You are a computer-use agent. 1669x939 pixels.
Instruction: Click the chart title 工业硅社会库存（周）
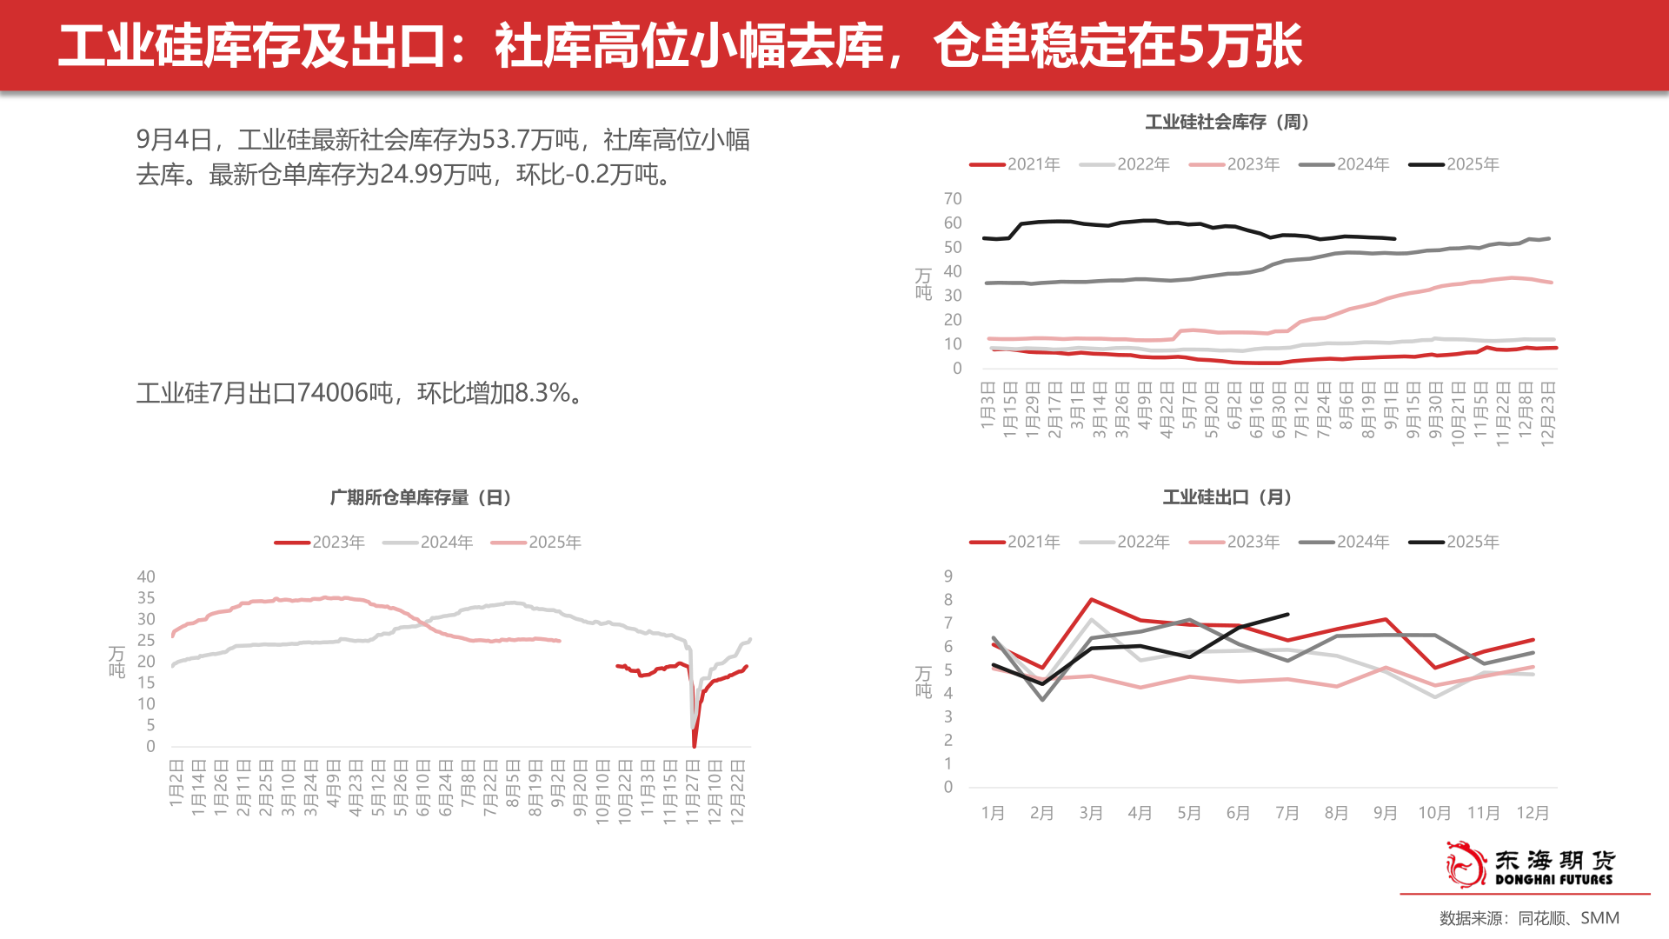pos(1227,122)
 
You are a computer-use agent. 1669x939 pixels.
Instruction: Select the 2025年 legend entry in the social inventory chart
pos(1454,164)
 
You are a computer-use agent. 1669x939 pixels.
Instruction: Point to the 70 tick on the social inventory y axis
pos(953,199)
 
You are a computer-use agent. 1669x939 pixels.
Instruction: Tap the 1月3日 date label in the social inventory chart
pos(987,403)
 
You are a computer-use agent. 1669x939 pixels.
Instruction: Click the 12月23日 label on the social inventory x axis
pos(1547,414)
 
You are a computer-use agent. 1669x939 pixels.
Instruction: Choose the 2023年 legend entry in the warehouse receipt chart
pos(320,543)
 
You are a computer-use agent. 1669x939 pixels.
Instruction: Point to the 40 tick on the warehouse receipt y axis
pos(146,576)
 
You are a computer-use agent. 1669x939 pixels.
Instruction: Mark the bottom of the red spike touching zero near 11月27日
pos(694,745)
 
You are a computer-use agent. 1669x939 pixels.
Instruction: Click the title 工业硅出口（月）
pos(1227,497)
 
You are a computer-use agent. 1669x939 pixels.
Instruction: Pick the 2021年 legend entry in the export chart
pos(1015,542)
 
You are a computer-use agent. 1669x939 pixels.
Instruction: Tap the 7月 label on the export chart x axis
pos(1287,813)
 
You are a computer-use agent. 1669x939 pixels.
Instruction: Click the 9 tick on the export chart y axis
pos(948,576)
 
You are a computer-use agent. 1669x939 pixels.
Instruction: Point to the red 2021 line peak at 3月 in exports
pos(1091,600)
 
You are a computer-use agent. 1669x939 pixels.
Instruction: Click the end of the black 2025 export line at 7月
pos(1287,615)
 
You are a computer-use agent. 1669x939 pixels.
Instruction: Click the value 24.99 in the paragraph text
pos(410,175)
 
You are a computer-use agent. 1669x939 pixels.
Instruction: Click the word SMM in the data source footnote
pos(1599,918)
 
